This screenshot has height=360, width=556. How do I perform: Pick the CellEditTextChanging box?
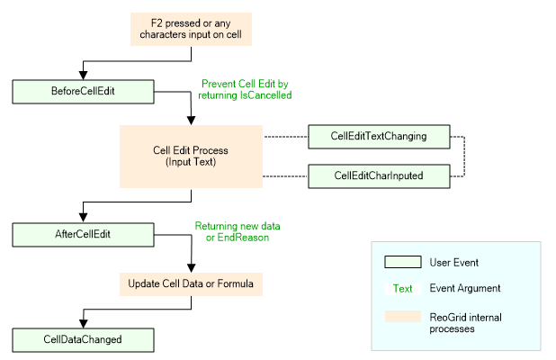pyautogui.click(x=379, y=137)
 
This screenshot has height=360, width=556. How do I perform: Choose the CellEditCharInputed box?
pyautogui.click(x=379, y=175)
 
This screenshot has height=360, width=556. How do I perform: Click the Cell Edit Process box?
pyautogui.click(x=191, y=156)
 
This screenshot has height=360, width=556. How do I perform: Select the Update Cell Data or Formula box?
pyautogui.click(x=191, y=283)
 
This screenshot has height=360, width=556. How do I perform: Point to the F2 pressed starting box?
pyautogui.click(x=191, y=30)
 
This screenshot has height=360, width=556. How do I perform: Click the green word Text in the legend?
pyautogui.click(x=403, y=289)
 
